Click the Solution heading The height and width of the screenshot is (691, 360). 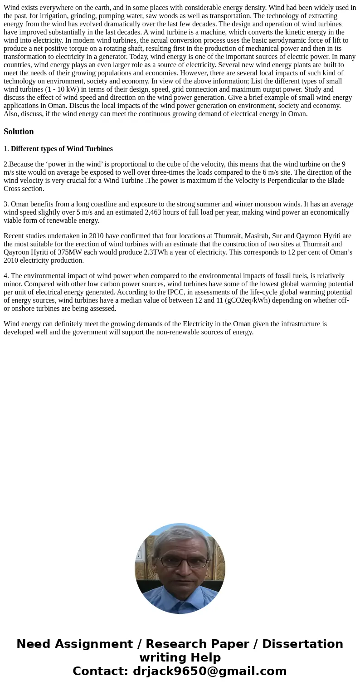pos(19,132)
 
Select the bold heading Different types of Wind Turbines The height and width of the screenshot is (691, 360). pos(62,149)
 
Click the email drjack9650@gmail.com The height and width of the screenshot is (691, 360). pos(209,671)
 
